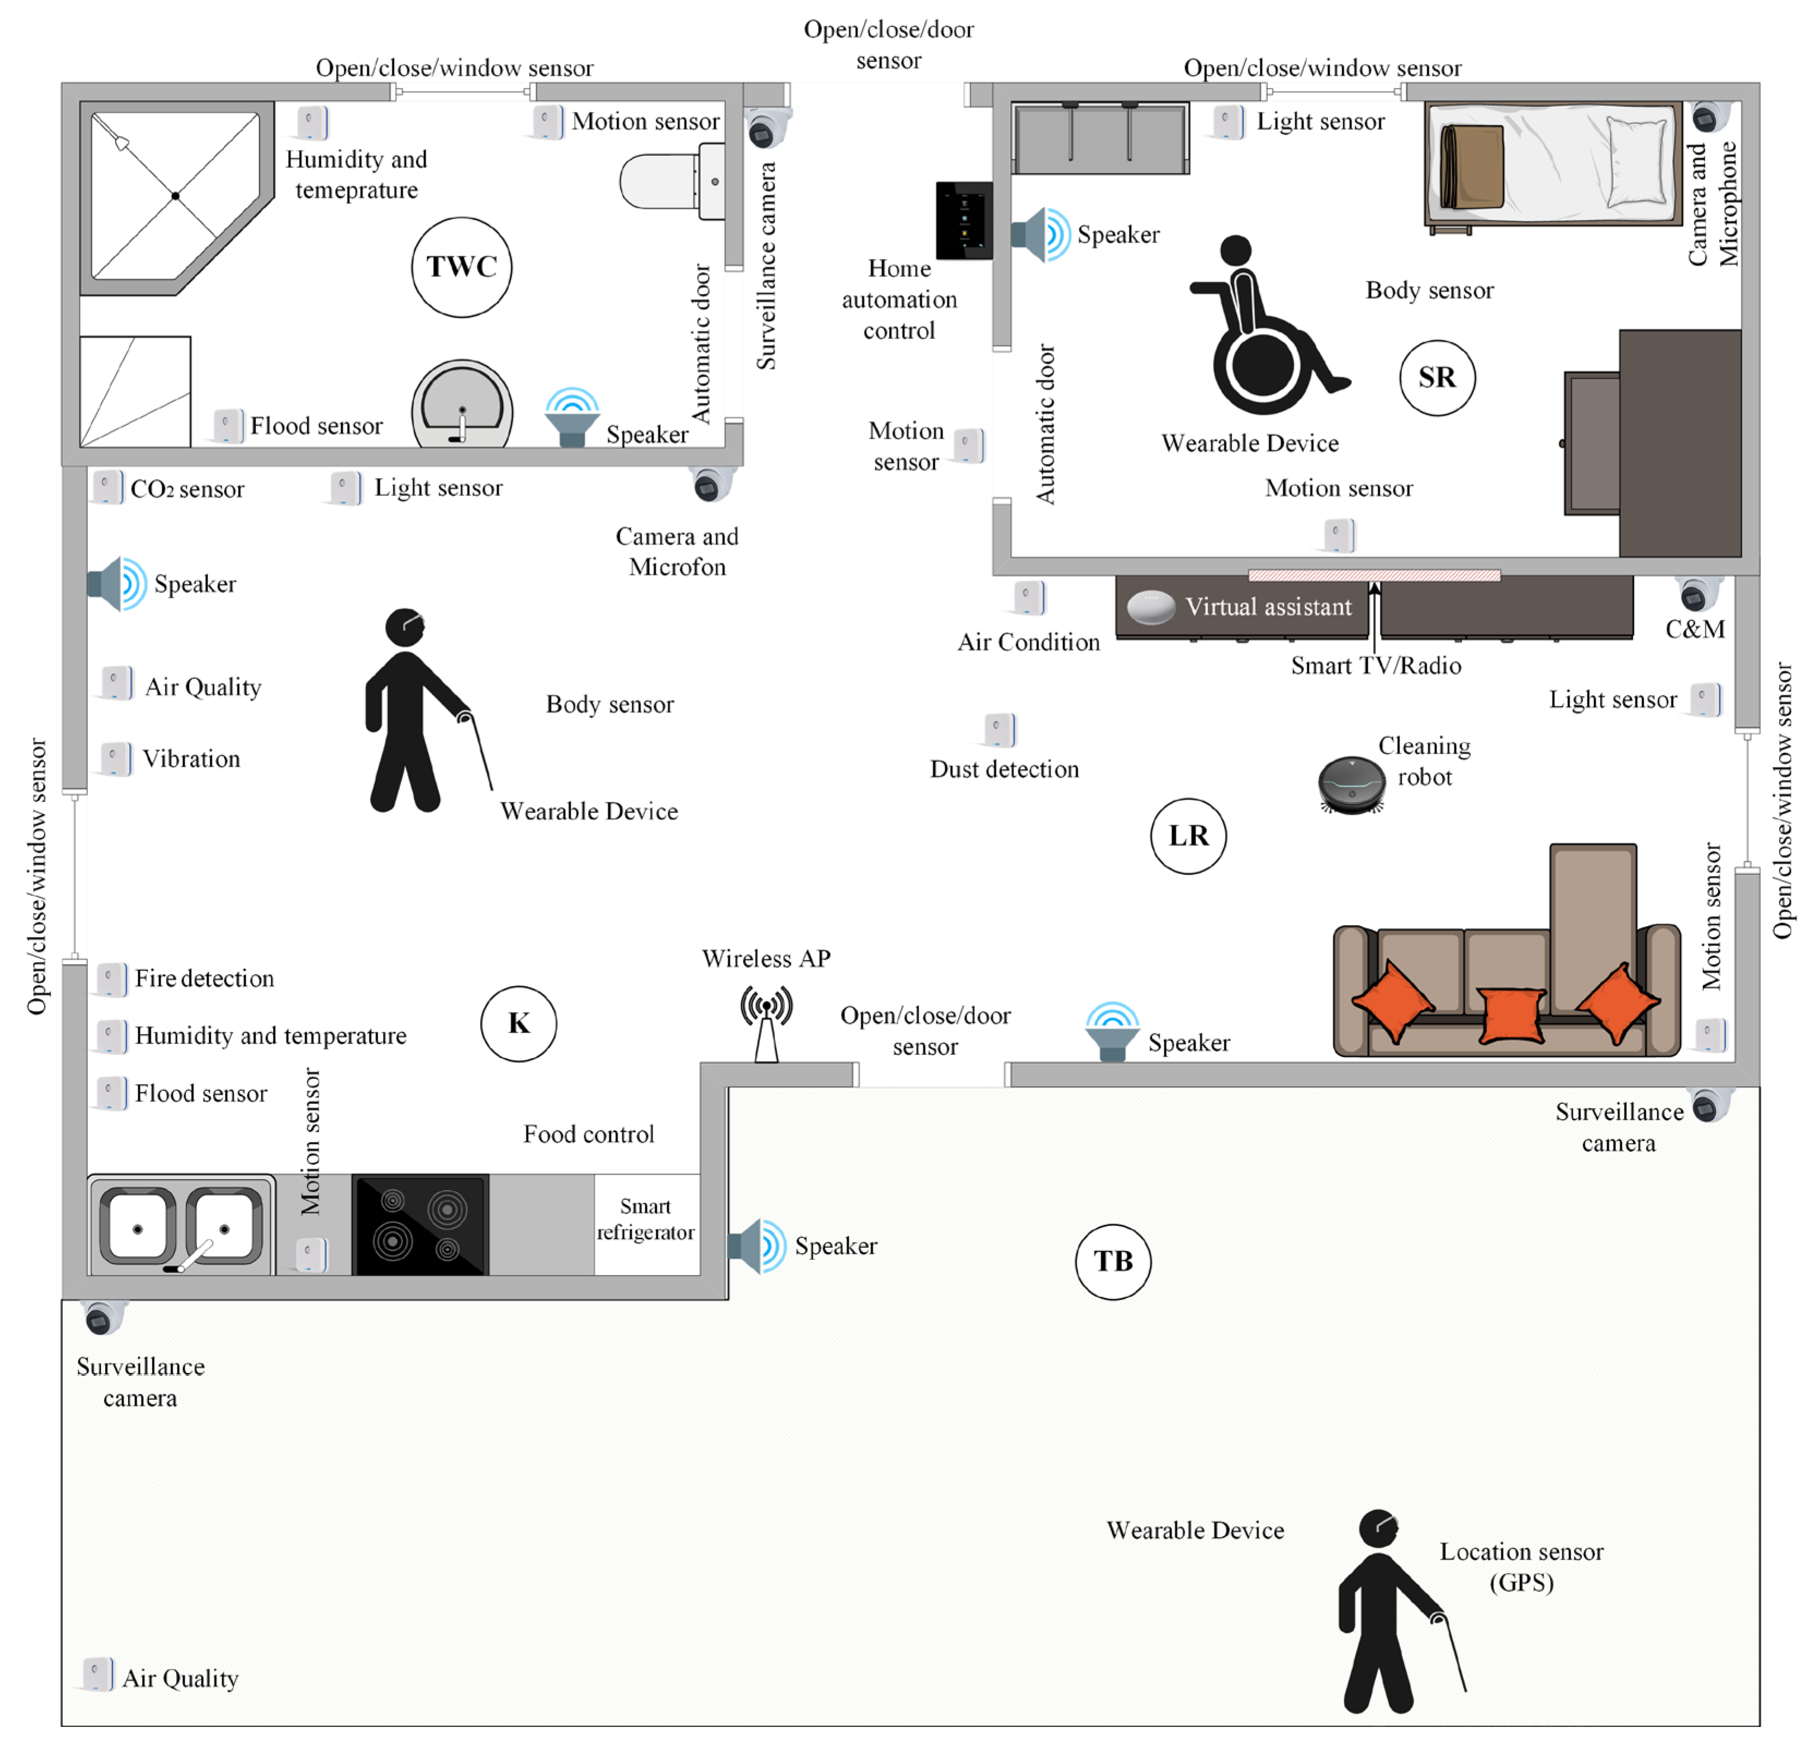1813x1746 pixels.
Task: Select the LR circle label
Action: point(1189,836)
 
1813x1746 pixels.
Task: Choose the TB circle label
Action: point(1113,1261)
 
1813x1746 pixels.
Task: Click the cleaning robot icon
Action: point(1351,785)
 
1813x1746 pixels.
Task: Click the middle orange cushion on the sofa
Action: point(1512,1014)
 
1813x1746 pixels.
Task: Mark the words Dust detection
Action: point(1005,769)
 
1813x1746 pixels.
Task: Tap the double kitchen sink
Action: point(182,1225)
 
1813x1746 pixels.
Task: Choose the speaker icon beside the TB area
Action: point(758,1246)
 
